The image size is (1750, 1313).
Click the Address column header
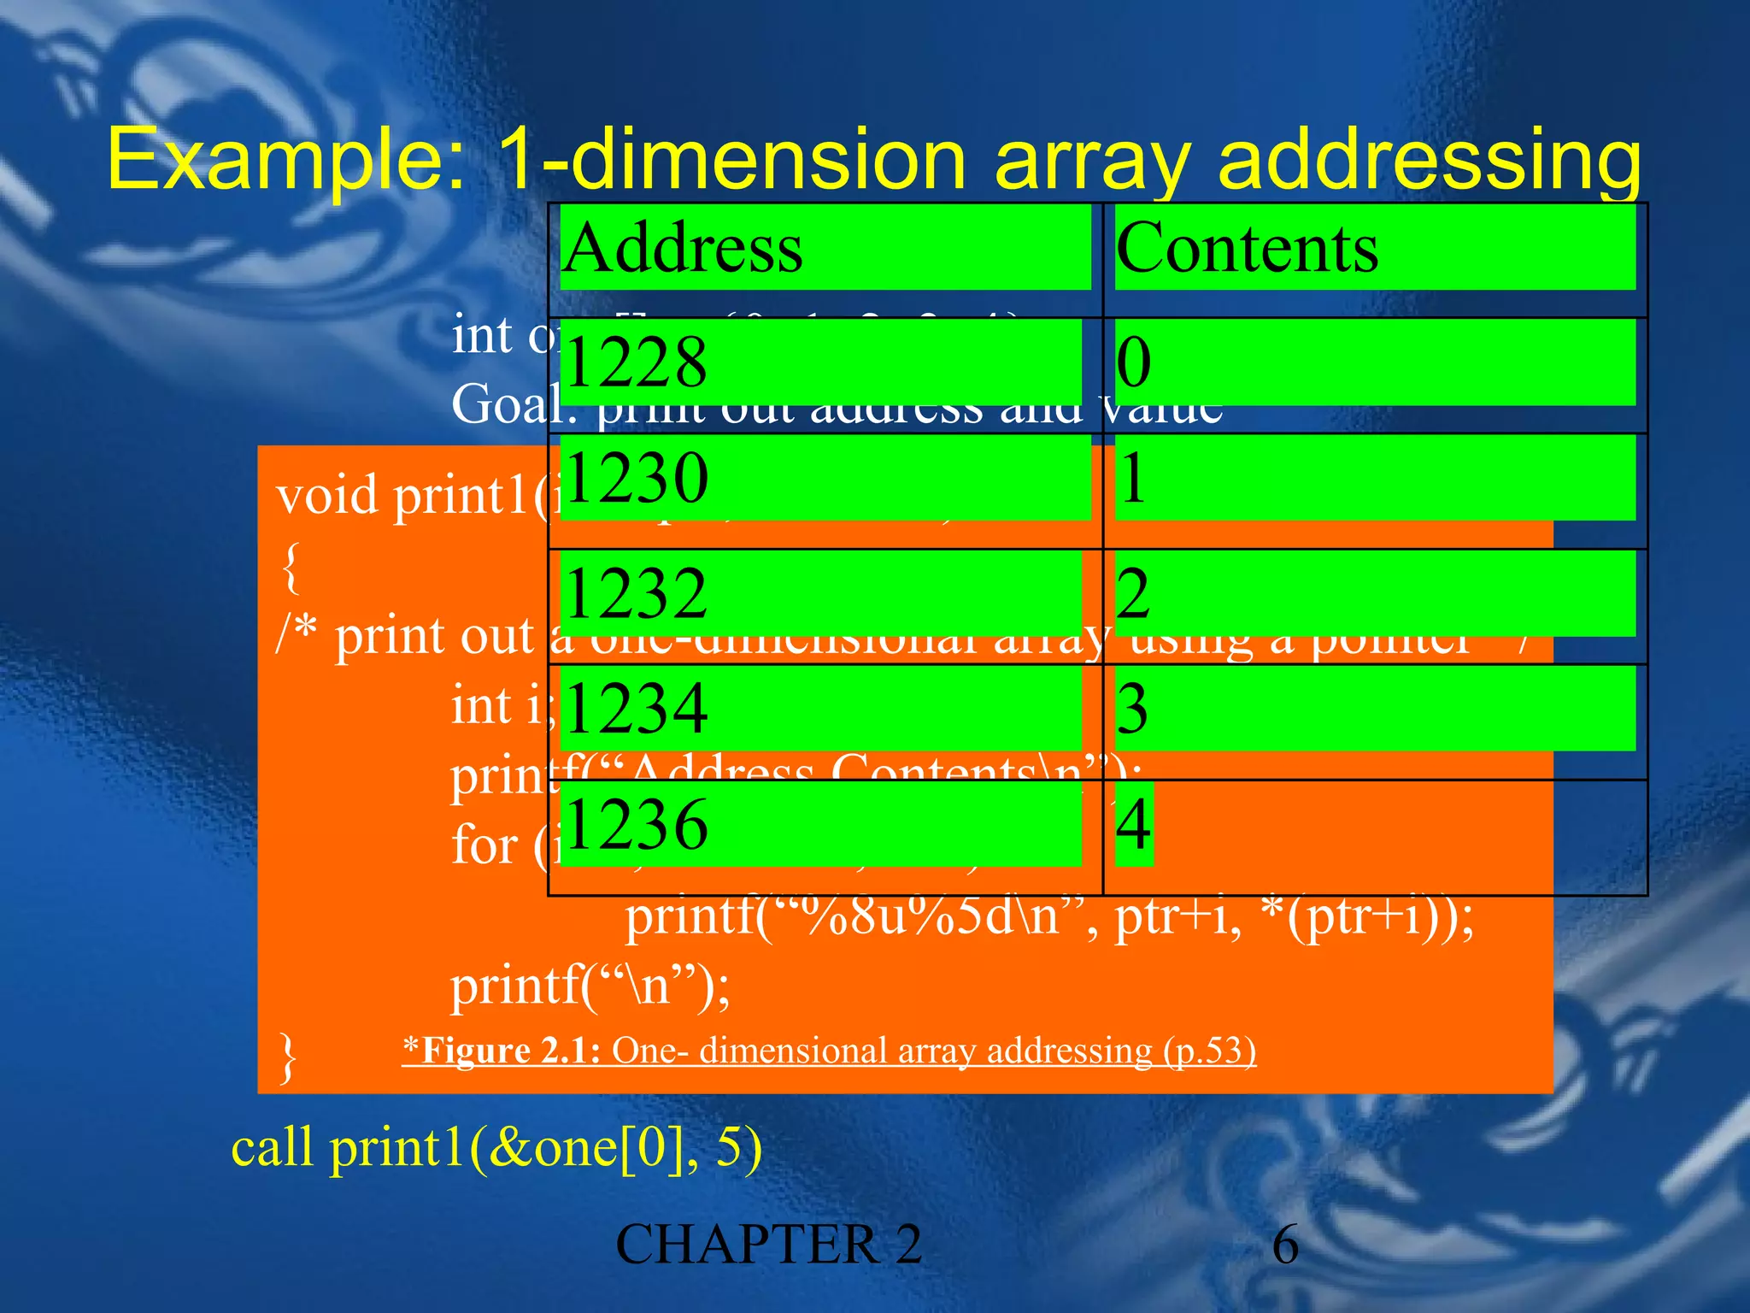point(683,248)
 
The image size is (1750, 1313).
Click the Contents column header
point(1247,248)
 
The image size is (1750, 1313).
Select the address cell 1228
point(636,362)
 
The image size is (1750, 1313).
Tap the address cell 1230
point(637,478)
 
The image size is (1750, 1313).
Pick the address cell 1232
point(636,593)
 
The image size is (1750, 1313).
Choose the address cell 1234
point(636,709)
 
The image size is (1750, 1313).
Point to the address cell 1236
point(636,824)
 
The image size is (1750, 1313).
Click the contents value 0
point(1134,362)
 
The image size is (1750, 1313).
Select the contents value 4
point(1134,824)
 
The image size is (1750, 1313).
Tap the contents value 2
point(1134,593)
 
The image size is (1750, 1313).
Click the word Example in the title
point(286,161)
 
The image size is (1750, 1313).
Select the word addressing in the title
point(1429,161)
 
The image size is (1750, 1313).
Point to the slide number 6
point(1285,1245)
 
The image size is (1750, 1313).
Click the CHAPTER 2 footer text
point(768,1245)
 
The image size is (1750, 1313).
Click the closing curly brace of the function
point(289,1057)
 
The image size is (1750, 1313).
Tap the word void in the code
point(327,496)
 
